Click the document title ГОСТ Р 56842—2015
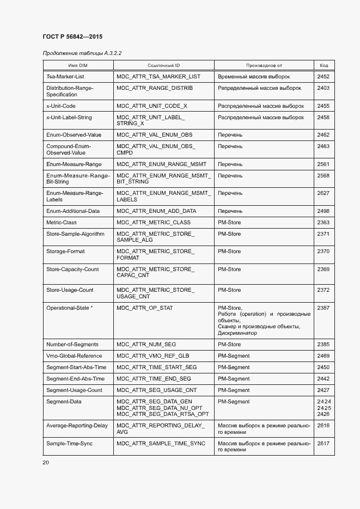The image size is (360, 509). click(72, 36)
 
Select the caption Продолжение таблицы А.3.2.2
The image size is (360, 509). click(82, 53)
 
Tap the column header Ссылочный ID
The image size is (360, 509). click(163, 65)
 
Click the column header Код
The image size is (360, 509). click(324, 65)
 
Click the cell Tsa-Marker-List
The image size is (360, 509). click(65, 77)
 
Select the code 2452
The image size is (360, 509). click(324, 77)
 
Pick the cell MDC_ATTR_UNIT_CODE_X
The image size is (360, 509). click(152, 106)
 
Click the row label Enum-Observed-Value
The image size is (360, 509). click(74, 134)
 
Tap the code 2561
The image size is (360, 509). click(324, 164)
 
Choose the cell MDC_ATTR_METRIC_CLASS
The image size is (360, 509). click(154, 222)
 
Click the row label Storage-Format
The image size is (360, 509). click(65, 252)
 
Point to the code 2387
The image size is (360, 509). click(324, 308)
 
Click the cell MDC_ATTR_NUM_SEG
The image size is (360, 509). click(147, 345)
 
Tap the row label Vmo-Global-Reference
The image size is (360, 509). click(75, 356)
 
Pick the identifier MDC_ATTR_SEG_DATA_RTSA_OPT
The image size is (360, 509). click(162, 414)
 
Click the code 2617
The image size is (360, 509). click(324, 444)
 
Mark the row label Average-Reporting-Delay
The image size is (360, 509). click(77, 426)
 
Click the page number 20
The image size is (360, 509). click(46, 462)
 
